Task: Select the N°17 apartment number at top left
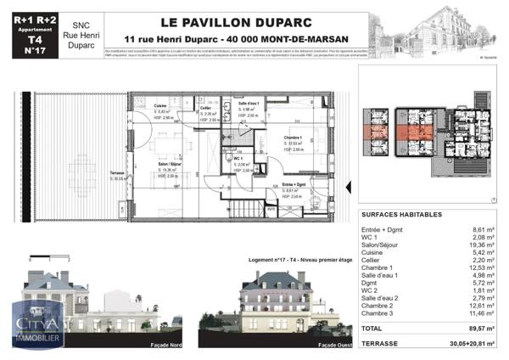(x=34, y=50)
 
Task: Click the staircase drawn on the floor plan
(x=248, y=205)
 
